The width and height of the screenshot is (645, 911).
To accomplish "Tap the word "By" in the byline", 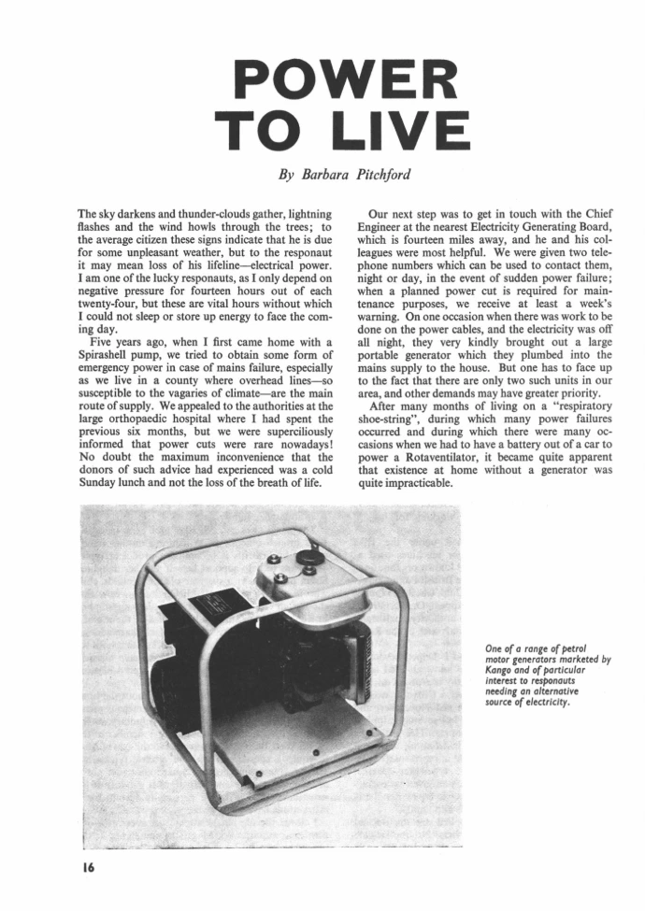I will click(287, 174).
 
